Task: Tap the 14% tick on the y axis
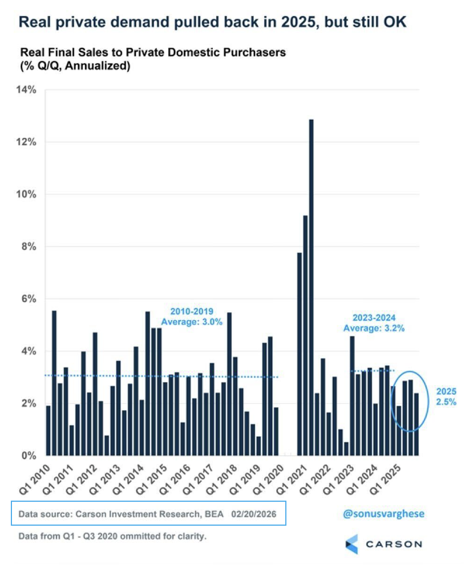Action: click(27, 89)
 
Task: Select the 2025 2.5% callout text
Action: click(445, 396)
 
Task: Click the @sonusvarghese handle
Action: click(383, 514)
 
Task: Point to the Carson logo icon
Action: click(352, 544)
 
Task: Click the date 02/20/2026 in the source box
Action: click(254, 514)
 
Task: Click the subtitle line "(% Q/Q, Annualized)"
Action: click(75, 67)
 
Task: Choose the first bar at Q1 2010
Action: click(48, 431)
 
